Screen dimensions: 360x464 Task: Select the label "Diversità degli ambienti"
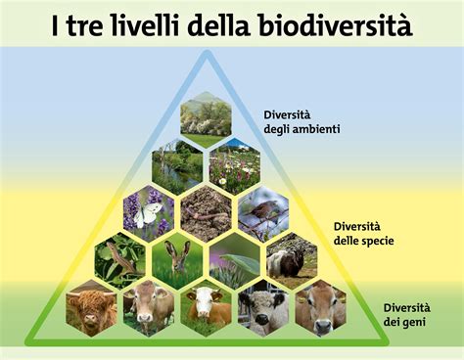302,122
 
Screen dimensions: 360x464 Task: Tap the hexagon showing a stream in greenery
177,164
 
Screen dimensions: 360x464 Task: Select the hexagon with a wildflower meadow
234,164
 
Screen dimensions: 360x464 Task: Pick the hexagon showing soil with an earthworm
206,212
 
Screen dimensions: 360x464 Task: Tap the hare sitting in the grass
177,259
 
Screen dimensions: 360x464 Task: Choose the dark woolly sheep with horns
292,259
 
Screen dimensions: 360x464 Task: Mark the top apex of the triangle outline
206,52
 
